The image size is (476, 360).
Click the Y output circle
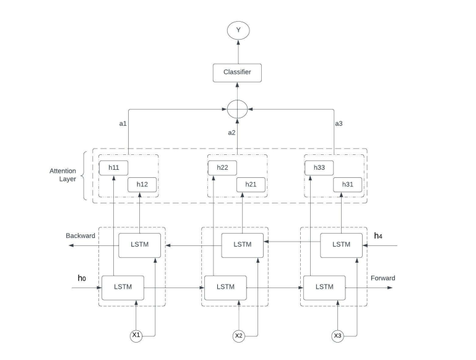click(238, 30)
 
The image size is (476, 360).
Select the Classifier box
click(238, 72)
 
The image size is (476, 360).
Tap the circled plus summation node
click(238, 110)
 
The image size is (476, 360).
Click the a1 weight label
click(123, 123)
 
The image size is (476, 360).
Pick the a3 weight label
click(339, 123)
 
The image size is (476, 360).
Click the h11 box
click(113, 167)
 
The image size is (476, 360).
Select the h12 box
click(142, 184)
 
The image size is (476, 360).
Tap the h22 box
click(222, 167)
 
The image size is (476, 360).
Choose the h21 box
click(251, 184)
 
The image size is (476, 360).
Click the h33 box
click(319, 167)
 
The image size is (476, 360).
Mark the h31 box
click(347, 184)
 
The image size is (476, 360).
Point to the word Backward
click(80, 236)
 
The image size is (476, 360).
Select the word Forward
click(383, 278)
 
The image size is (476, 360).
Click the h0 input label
click(81, 278)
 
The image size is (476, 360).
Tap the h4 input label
click(379, 236)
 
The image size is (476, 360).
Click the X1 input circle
click(136, 335)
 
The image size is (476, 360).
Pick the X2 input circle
click(239, 335)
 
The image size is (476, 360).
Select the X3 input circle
click(337, 335)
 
